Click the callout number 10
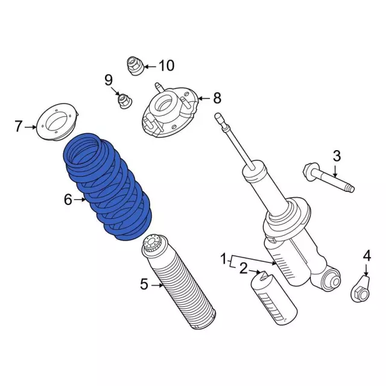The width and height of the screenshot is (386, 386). (166, 65)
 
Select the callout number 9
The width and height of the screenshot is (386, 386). (109, 80)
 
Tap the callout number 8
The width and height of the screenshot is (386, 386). (217, 98)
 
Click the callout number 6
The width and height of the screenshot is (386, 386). (68, 198)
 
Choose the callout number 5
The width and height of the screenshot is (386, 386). (144, 283)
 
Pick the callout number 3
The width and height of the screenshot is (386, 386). (337, 156)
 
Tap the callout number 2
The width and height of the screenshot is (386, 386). (243, 268)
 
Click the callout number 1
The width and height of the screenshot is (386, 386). (224, 260)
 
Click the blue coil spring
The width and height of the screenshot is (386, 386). (109, 187)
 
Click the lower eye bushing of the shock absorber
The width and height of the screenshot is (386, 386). (331, 280)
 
